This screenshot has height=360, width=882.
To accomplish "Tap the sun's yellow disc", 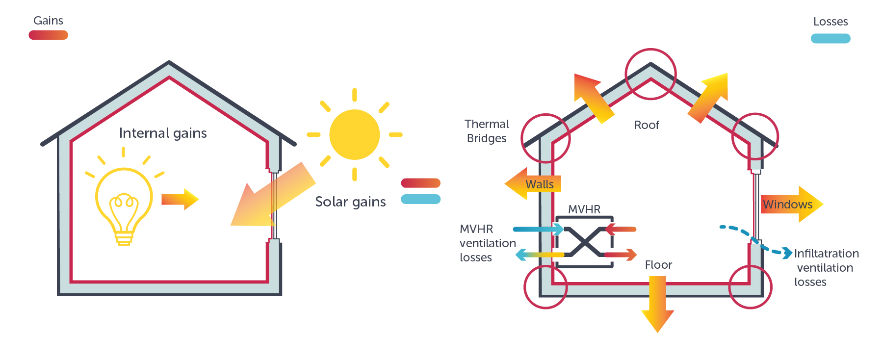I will pos(354,134).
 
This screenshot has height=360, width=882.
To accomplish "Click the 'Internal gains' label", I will pos(163,133).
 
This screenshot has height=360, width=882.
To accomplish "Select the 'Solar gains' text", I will pos(350,202).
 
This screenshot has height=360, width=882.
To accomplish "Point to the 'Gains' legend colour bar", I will pos(48,35).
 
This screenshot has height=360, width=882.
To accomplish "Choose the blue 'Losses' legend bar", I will pos(830,38).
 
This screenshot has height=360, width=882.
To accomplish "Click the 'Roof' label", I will pos(647,125).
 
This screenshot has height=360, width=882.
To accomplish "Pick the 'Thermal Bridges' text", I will pos(487,131).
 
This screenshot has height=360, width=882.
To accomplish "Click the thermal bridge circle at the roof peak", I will pos(650,74).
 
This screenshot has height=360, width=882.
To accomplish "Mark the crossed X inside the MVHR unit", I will pos(584,241).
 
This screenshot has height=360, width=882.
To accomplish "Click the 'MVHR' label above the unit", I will pos(584,209).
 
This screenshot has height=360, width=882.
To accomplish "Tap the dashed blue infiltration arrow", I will pos(755,240).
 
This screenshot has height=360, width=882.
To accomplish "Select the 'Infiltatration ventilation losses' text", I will pos(826,267).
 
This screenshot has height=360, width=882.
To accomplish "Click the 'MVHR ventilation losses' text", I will pos(487,243).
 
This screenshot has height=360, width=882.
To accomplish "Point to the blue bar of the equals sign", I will pos(420,199).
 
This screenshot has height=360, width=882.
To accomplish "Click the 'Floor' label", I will pos(658,265).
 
